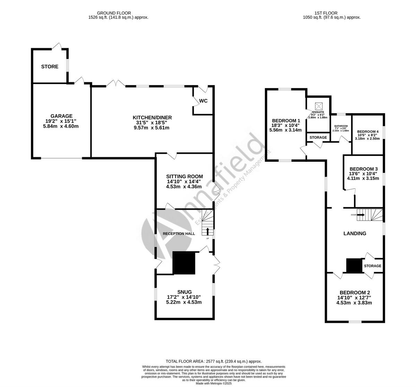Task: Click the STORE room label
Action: (x=50, y=67)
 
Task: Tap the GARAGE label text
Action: (x=61, y=116)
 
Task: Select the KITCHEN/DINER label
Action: (x=152, y=118)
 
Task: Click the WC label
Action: (x=203, y=101)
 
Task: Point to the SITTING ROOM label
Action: (x=184, y=176)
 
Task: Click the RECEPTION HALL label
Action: (x=179, y=234)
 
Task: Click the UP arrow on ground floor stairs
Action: (x=208, y=232)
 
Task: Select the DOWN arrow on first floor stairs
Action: (x=361, y=215)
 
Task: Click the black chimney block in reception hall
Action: (x=184, y=263)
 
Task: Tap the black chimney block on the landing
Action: (x=354, y=266)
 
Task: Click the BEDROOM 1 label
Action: (x=286, y=120)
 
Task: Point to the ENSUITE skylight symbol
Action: (x=318, y=106)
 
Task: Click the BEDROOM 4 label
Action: (x=368, y=132)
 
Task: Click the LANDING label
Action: (x=355, y=234)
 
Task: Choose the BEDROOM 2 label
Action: (x=354, y=293)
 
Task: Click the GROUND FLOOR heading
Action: (x=118, y=13)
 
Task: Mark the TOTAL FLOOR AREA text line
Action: (x=214, y=361)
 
